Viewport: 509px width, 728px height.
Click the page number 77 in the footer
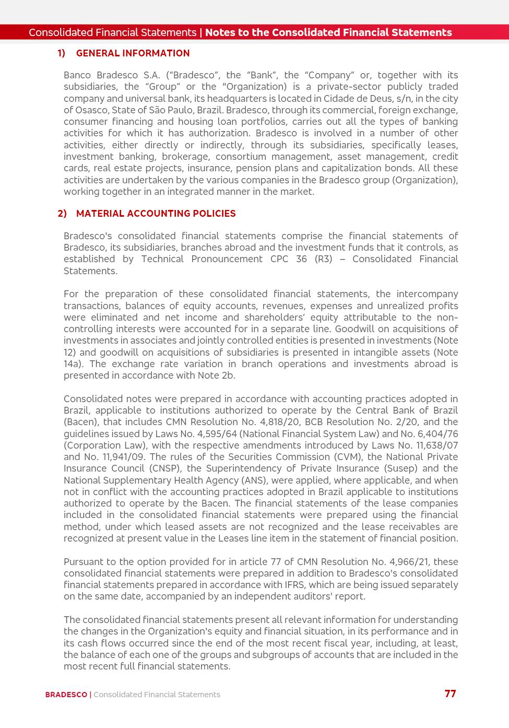(x=450, y=694)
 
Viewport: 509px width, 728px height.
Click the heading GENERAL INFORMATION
(x=133, y=53)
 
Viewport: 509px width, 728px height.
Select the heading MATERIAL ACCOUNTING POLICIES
(x=156, y=214)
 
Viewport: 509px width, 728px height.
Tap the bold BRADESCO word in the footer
(x=66, y=695)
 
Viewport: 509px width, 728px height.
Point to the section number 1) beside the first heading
(x=62, y=53)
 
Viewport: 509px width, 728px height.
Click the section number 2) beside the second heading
(x=62, y=214)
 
